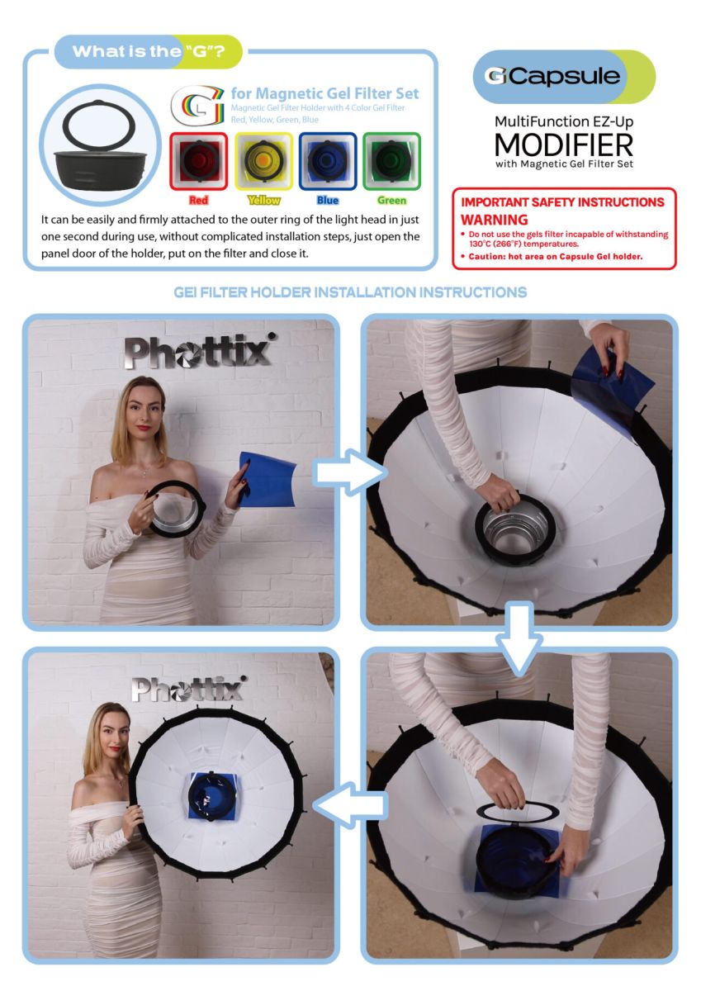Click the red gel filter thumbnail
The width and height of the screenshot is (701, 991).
tap(199, 161)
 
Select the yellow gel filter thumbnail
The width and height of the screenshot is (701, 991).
tap(263, 161)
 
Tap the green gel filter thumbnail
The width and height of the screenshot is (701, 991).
tap(391, 161)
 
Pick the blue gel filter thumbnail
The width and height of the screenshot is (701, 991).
tap(328, 161)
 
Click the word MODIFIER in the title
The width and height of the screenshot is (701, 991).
tap(564, 145)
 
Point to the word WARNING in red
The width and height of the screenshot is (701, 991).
tap(494, 220)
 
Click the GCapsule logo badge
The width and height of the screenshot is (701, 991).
tap(564, 77)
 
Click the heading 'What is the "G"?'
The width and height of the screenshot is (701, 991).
tap(149, 52)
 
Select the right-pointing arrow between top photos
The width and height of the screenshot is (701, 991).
tap(350, 472)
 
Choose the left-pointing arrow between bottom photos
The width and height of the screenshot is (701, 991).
tap(350, 805)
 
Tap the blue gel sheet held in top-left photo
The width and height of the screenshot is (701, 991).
tap(267, 479)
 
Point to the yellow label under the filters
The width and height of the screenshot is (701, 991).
tap(263, 201)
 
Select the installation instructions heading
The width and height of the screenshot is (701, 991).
tap(350, 292)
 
